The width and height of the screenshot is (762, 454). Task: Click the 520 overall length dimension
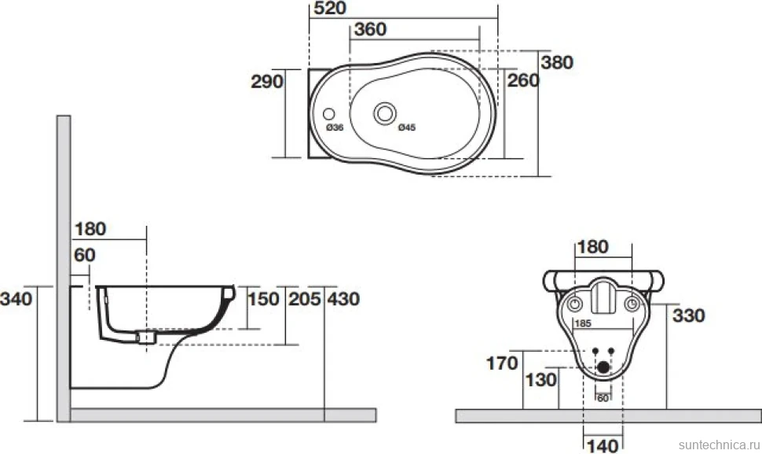coord(330,8)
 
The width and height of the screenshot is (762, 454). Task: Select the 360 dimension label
coord(370,29)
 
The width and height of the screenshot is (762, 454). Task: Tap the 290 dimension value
coord(267,81)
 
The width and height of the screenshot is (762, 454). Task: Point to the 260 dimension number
coord(523,80)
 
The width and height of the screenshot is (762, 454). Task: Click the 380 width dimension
coord(557,62)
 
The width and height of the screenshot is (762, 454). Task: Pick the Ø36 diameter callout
coord(335,127)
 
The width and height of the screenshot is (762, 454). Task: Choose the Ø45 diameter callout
coord(407,127)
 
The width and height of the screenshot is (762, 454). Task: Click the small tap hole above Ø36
coord(329,114)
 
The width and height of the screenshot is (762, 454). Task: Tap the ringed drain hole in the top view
coord(385,113)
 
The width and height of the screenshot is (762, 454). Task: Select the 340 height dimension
coord(16,298)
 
